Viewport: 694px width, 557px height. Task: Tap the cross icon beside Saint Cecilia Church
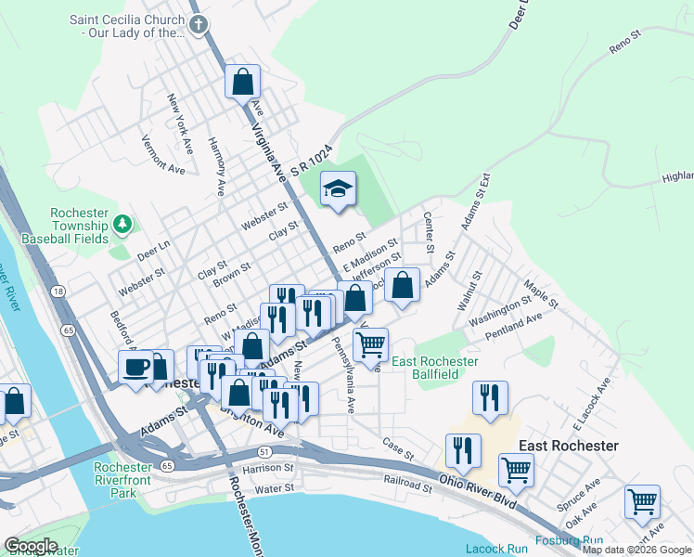pyautogui.click(x=198, y=25)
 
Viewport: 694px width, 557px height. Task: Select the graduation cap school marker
pyautogui.click(x=338, y=189)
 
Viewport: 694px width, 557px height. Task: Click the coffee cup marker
pyautogui.click(x=136, y=367)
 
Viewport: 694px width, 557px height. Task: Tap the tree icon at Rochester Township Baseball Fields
pyautogui.click(x=122, y=224)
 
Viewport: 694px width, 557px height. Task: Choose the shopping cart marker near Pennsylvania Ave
pyautogui.click(x=370, y=344)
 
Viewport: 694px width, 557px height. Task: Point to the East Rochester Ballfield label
pyautogui.click(x=435, y=367)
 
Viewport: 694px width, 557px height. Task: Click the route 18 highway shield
pyautogui.click(x=59, y=291)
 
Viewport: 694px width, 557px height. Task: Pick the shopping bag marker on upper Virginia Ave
pyautogui.click(x=242, y=82)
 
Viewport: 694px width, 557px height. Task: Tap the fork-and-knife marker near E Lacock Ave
pyautogui.click(x=490, y=397)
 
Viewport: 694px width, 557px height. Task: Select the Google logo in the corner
pyautogui.click(x=31, y=546)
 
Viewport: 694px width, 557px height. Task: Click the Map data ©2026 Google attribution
pyautogui.click(x=636, y=550)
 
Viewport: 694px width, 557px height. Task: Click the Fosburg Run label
pyautogui.click(x=569, y=541)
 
